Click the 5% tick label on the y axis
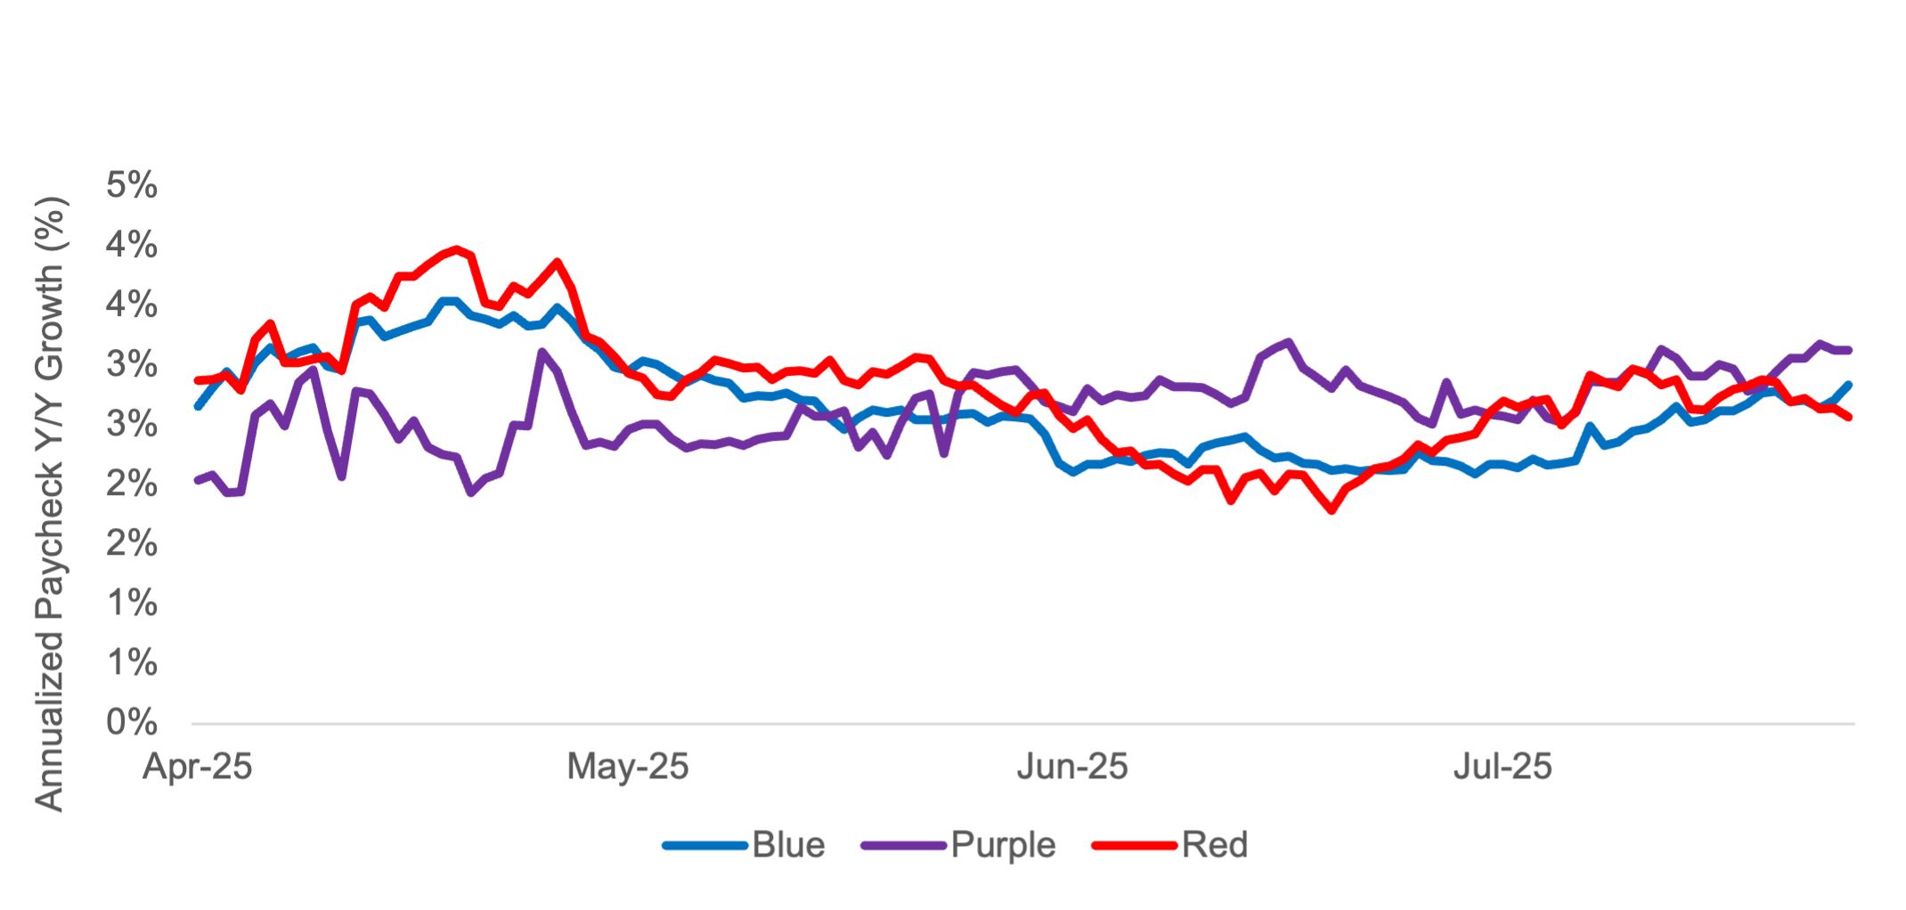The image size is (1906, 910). tap(132, 186)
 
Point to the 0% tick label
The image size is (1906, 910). tap(132, 722)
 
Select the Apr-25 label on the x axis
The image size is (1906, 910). tap(198, 767)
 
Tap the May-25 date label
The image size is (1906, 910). tap(628, 767)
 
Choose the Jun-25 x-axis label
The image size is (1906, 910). tap(1072, 767)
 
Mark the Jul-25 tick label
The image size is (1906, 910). tap(1503, 767)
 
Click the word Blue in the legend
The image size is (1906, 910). tap(788, 845)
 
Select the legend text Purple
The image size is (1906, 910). tap(1003, 845)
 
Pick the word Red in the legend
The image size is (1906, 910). tap(1214, 845)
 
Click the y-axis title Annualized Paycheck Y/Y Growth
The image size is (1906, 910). tap(51, 503)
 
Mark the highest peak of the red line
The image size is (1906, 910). tap(457, 248)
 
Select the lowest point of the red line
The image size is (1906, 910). tap(1332, 512)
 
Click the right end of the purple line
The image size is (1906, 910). tap(1850, 350)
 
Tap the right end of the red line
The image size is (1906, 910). tap(1850, 417)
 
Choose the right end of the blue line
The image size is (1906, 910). tap(1850, 384)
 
